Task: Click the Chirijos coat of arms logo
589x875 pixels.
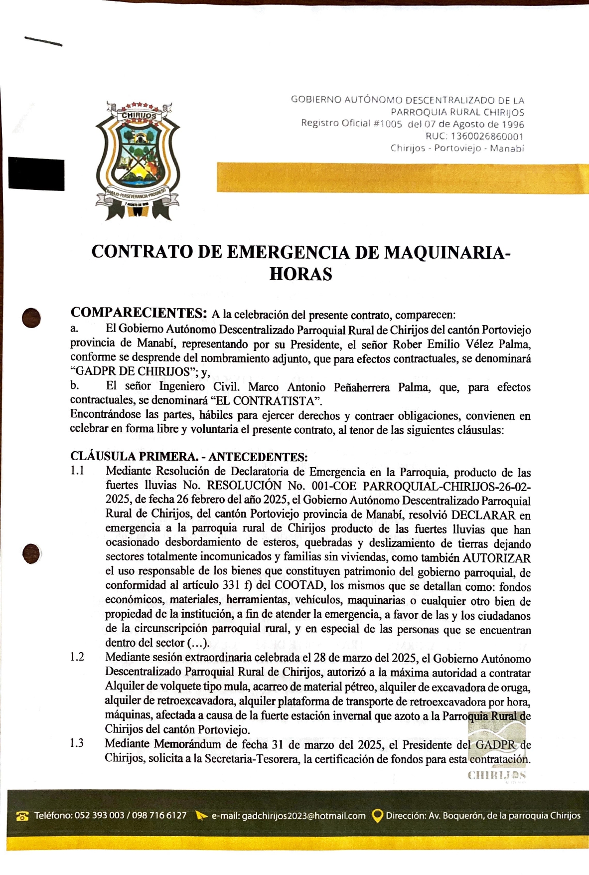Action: [x=138, y=161]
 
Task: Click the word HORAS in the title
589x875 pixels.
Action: [x=300, y=274]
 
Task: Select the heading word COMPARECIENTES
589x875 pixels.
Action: [x=139, y=313]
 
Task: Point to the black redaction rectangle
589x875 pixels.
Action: [x=36, y=174]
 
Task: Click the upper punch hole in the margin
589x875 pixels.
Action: [x=31, y=318]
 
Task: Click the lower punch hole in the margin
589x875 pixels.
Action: [x=31, y=553]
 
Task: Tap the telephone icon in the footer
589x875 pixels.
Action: [x=22, y=816]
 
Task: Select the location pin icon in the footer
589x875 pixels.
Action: [x=378, y=816]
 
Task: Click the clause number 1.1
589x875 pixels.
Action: [x=77, y=471]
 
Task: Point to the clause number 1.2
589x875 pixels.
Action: [x=77, y=657]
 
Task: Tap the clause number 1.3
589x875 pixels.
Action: [x=77, y=743]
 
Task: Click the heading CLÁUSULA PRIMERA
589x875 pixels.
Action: [x=134, y=456]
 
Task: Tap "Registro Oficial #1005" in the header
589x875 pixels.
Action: [x=351, y=124]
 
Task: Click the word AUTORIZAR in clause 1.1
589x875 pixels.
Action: [x=496, y=557]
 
